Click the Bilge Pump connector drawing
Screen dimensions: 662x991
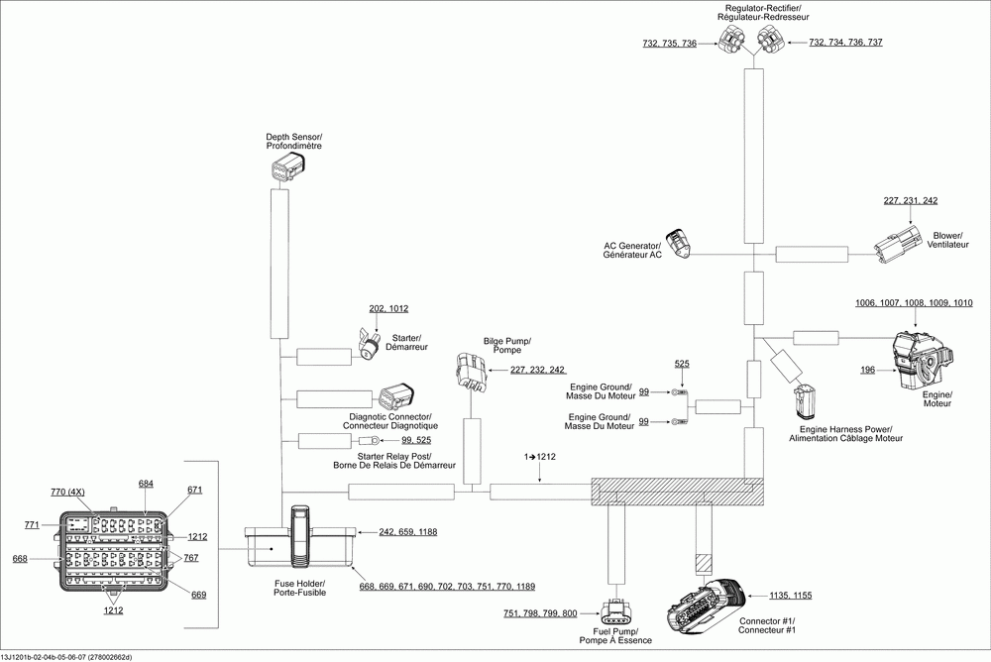coord(470,372)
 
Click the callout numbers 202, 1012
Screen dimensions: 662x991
coord(388,308)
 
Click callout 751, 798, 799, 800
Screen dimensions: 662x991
coord(540,614)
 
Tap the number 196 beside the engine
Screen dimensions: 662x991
coord(868,370)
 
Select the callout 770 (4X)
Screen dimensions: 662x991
coord(69,492)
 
